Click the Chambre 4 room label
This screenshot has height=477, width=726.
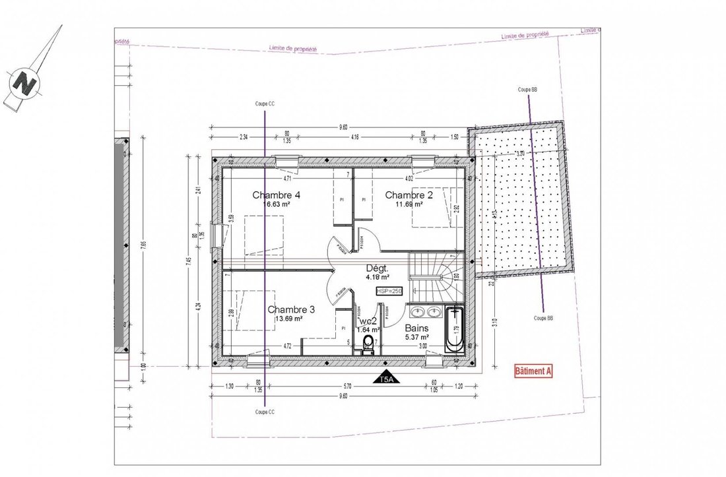tap(277, 195)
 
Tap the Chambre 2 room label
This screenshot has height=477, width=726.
tap(409, 195)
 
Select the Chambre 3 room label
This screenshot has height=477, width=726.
tap(291, 309)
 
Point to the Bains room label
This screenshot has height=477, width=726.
tap(416, 328)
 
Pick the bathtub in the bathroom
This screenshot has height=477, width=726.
tap(455, 329)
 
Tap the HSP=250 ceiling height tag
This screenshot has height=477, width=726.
tap(389, 291)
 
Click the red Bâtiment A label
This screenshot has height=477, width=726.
tap(533, 371)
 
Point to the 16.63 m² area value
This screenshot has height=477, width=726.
tap(277, 205)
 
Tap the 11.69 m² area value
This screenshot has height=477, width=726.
tap(409, 205)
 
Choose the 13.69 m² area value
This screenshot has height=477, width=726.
tap(288, 319)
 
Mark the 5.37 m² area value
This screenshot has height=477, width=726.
tap(416, 337)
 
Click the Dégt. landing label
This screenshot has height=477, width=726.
tap(377, 269)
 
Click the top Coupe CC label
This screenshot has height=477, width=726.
tap(265, 104)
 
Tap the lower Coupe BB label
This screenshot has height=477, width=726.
tap(543, 318)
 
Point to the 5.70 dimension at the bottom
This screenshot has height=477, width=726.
tap(347, 387)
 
